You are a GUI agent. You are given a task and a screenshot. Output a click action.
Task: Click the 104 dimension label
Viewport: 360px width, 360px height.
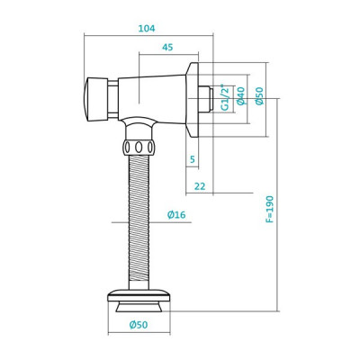146,28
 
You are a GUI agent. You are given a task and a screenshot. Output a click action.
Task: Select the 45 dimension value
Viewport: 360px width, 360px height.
167,48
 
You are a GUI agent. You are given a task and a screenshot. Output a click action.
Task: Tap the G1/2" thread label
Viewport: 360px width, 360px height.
225,96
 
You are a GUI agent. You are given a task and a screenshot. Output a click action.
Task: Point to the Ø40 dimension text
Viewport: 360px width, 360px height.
240,96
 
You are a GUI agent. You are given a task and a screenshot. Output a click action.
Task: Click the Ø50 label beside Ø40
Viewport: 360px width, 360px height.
259,96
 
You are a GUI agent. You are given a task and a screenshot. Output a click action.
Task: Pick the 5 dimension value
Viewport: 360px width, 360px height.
193,160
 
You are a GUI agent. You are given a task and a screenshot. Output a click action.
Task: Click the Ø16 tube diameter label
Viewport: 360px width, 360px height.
175,214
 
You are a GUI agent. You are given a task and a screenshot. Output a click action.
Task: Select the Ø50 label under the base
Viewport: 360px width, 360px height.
139,325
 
